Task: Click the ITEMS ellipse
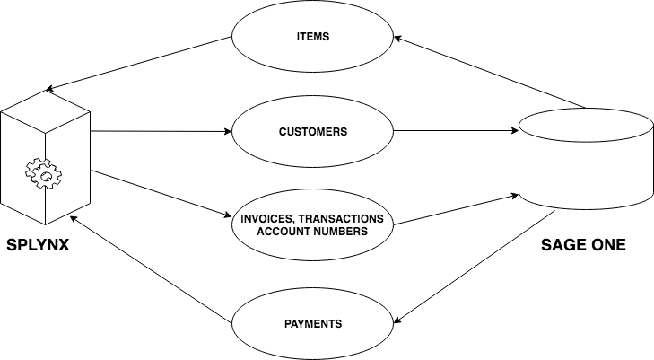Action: (313, 37)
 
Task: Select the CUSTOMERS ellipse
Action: (313, 131)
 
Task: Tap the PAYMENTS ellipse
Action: (313, 323)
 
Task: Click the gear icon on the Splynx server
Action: (42, 174)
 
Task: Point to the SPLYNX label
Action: (39, 244)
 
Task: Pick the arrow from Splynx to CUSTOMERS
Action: (161, 131)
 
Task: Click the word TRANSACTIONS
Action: (345, 219)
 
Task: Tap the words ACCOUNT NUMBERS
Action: (313, 232)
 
